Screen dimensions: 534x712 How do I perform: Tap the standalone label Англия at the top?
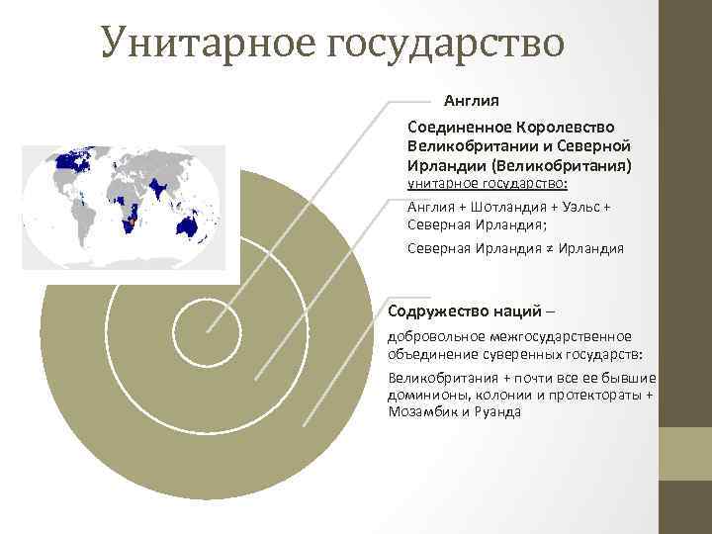(471, 101)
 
